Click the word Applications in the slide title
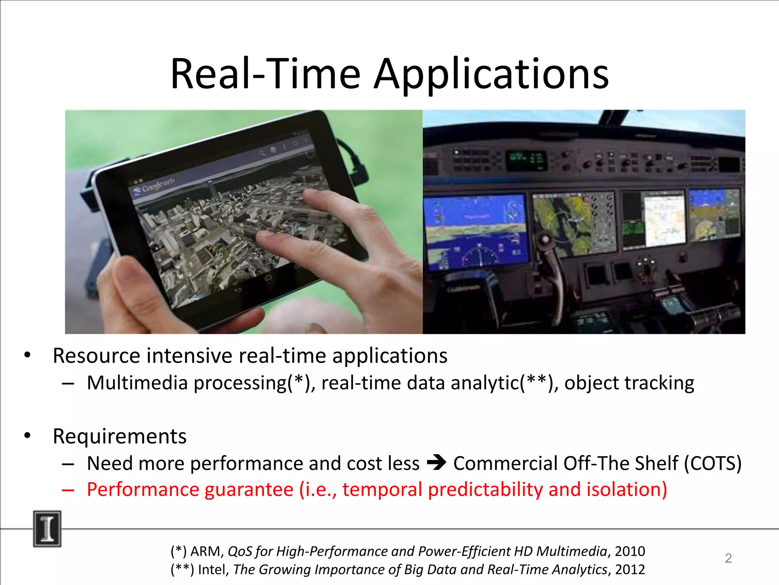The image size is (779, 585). (491, 74)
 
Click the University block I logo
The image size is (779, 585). (47, 529)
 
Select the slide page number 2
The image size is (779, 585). (728, 558)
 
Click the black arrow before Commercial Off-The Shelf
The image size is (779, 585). (436, 463)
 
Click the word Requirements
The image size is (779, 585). (119, 436)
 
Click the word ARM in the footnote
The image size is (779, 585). (205, 551)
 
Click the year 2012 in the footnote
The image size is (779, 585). (630, 569)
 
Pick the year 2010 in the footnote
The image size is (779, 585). (630, 551)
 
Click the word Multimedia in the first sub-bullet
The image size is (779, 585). (137, 383)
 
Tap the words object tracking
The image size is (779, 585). (629, 383)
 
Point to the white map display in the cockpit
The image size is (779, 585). (664, 219)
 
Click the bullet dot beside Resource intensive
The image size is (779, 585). (27, 355)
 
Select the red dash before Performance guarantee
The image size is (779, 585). (68, 490)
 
